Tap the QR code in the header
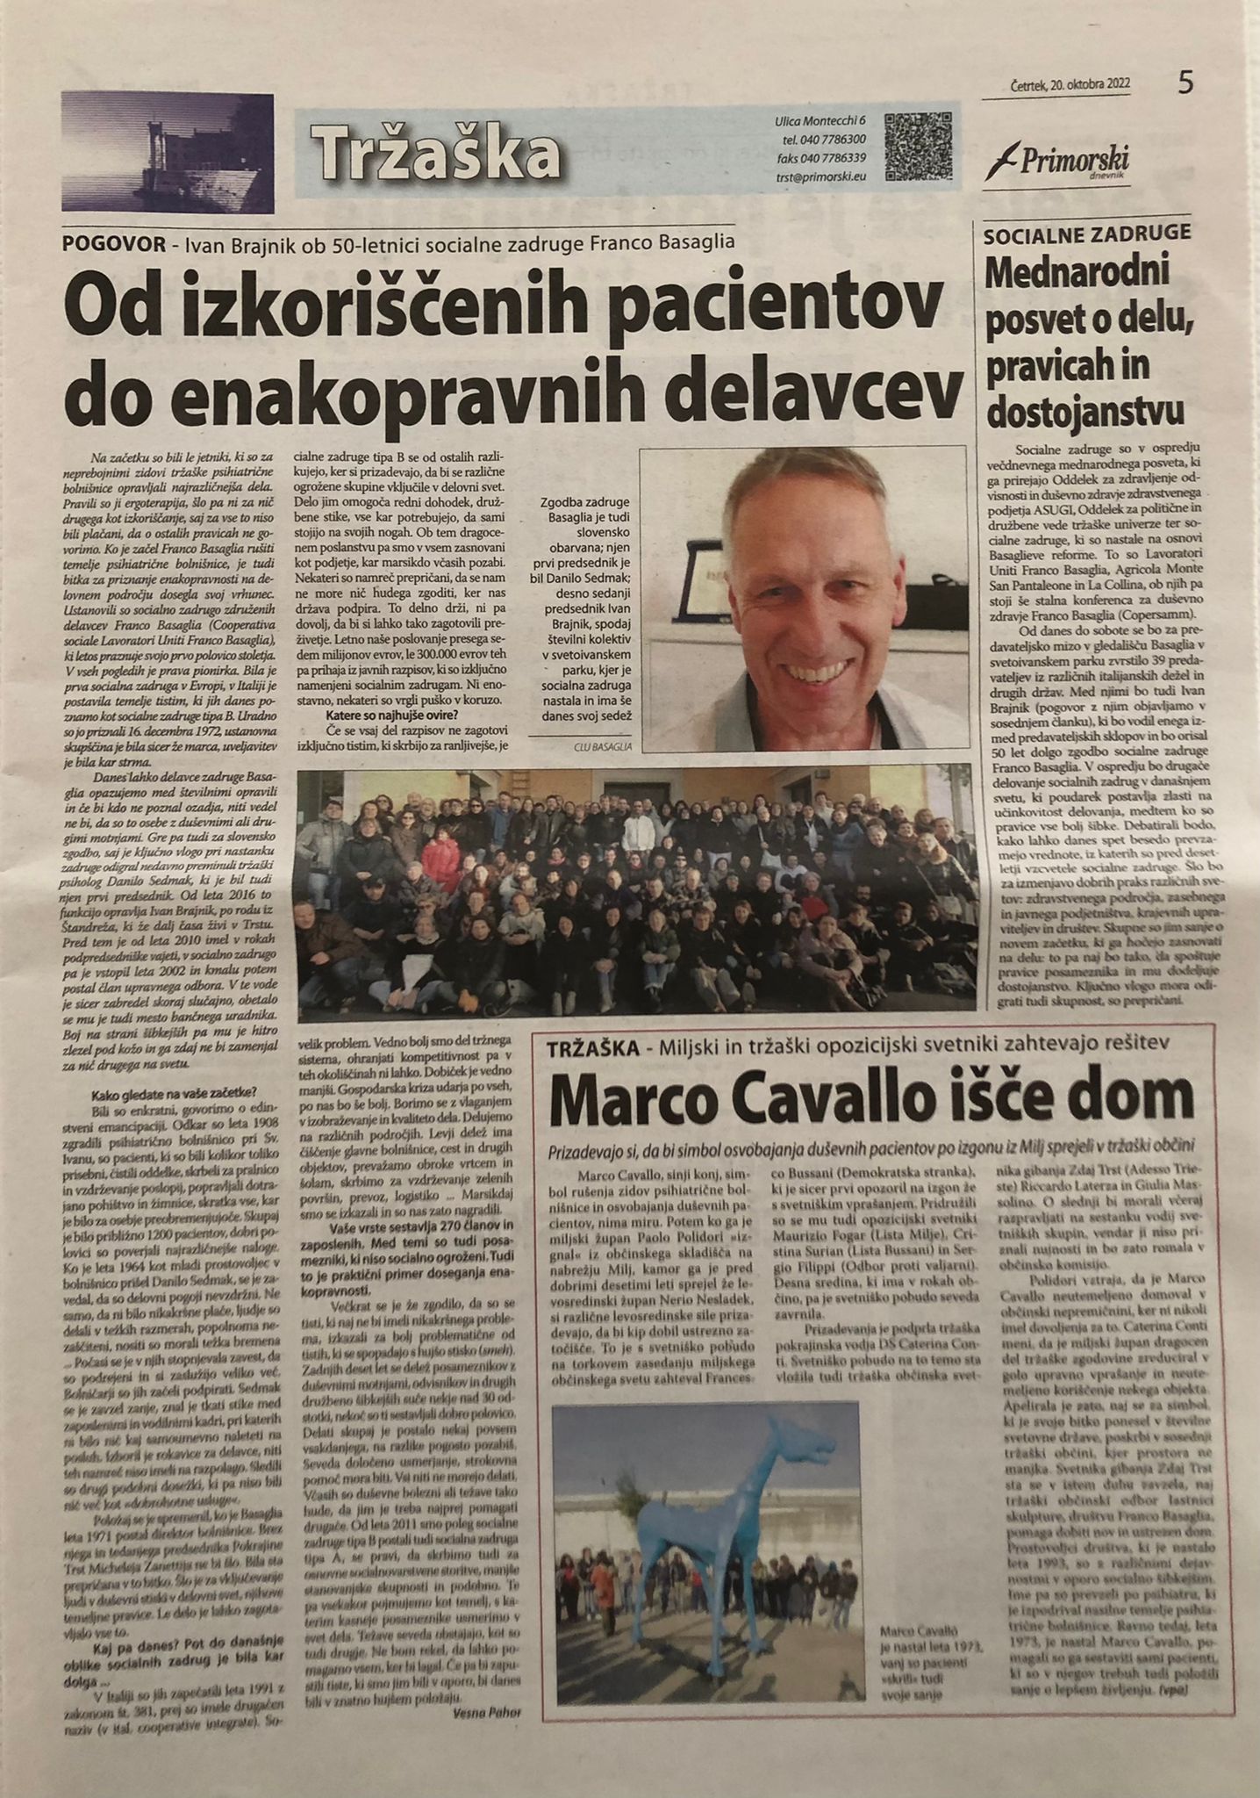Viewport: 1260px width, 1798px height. [917, 147]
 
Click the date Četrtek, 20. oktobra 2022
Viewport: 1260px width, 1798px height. [1069, 84]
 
